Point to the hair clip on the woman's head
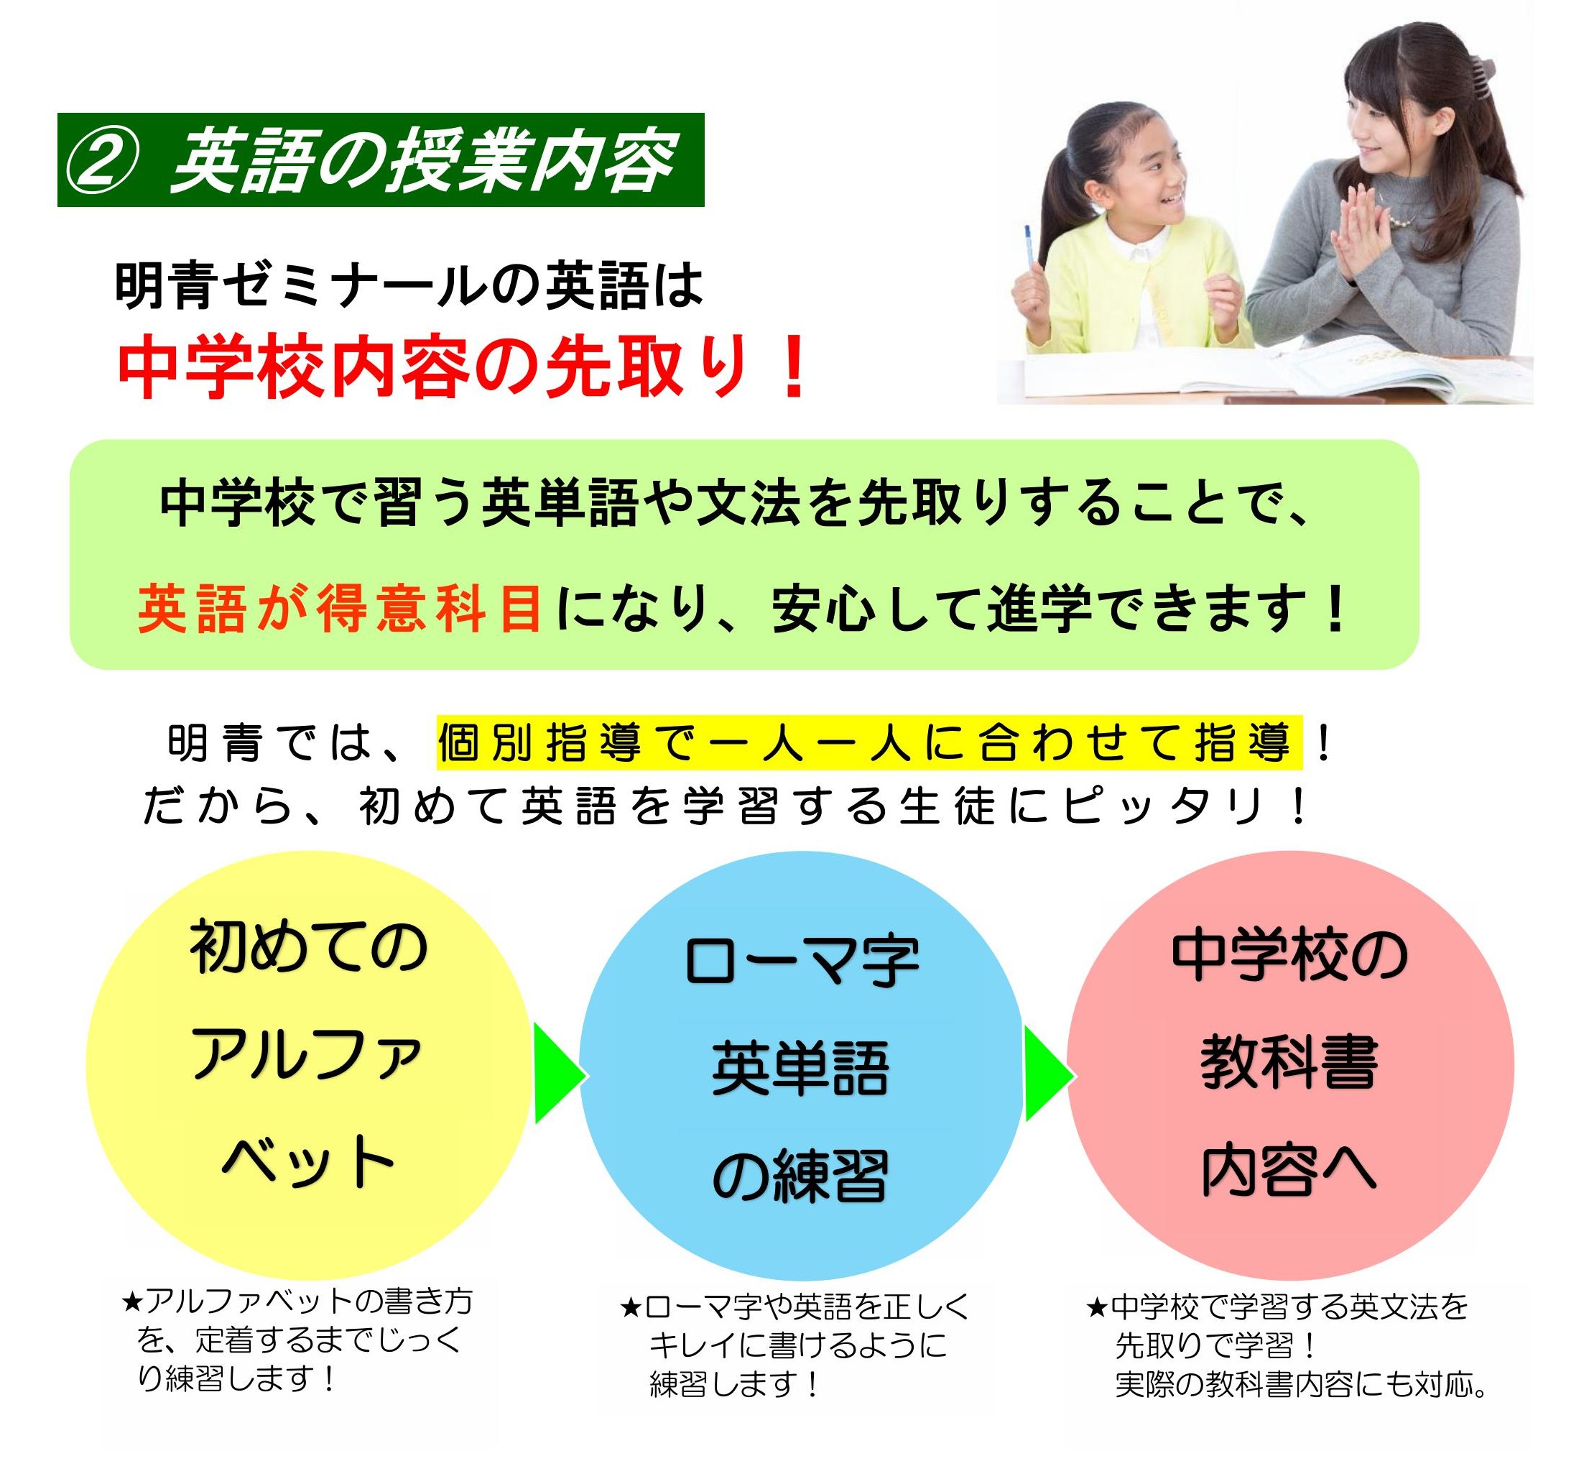[1481, 69]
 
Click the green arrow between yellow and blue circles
[560, 1074]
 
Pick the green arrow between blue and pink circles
[1049, 1074]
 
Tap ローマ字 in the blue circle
[802, 961]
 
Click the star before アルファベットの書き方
[131, 1301]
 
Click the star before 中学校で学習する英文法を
[1097, 1308]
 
